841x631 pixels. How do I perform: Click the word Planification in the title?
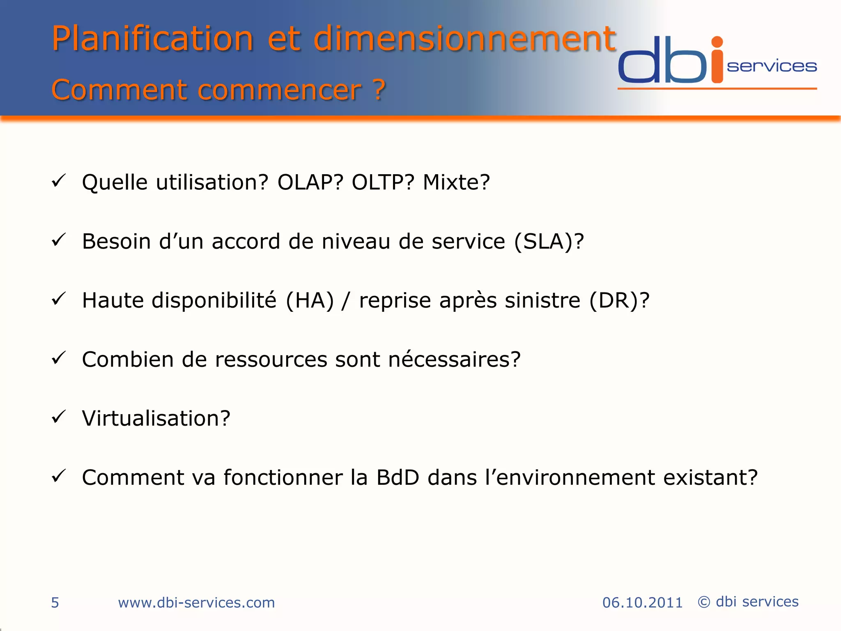coord(152,39)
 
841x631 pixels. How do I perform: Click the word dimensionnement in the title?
coord(464,39)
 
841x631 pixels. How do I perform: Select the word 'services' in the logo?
coord(772,67)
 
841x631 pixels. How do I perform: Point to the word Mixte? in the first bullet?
coord(456,182)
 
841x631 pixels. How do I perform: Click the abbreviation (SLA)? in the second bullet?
coord(549,242)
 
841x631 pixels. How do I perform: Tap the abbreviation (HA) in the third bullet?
coord(310,300)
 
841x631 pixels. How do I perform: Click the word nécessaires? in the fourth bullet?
coord(454,359)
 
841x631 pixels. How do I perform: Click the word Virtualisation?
coord(156,419)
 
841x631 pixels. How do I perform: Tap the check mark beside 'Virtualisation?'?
coord(59,417)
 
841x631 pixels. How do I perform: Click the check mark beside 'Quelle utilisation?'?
coord(59,181)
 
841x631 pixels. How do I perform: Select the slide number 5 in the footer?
coord(55,603)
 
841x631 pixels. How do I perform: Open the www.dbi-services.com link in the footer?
coord(196,603)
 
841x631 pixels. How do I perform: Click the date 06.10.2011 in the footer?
coord(642,603)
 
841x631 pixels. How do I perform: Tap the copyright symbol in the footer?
coord(704,602)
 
